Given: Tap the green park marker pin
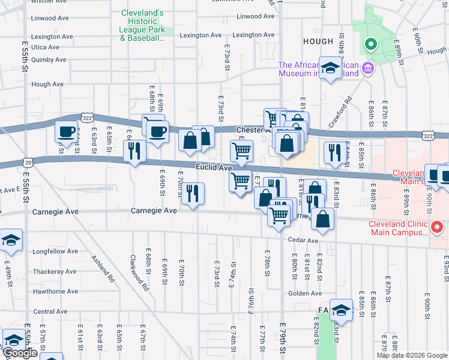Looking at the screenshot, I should click(x=371, y=44).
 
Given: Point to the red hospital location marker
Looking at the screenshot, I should click(x=438, y=228).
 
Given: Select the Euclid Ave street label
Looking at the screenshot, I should click(x=213, y=168).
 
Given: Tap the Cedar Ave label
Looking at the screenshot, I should click(x=303, y=241).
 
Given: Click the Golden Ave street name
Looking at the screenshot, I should click(x=303, y=293).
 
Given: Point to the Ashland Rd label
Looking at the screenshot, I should click(x=103, y=269).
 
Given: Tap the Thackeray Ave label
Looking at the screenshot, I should click(x=54, y=271).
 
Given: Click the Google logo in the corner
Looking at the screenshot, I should click(x=20, y=353).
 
